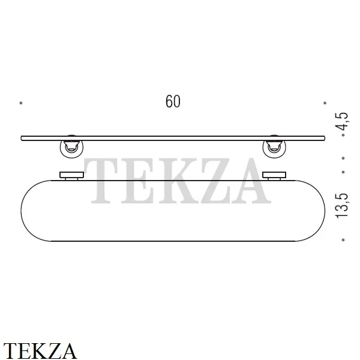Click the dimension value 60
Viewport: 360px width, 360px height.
(173, 101)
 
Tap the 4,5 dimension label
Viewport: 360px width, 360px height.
(342, 122)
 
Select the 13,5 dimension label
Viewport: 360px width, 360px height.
(342, 206)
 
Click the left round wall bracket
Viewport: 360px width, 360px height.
(71, 149)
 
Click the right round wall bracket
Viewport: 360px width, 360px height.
(274, 149)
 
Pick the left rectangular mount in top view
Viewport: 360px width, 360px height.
(71, 176)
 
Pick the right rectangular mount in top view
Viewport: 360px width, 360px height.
(274, 176)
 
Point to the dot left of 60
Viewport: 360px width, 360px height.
(21, 103)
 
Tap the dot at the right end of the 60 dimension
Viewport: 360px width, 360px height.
(325, 103)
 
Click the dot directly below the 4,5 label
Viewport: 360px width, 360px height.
(343, 135)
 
